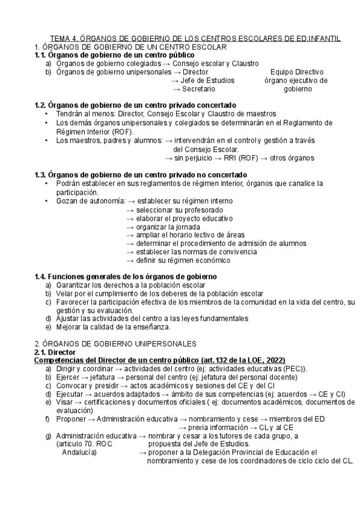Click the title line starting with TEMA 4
point(195,38)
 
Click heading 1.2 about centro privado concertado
point(135,105)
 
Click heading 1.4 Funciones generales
point(126,276)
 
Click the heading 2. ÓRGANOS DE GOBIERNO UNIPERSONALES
point(115,343)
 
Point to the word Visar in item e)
point(65,402)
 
